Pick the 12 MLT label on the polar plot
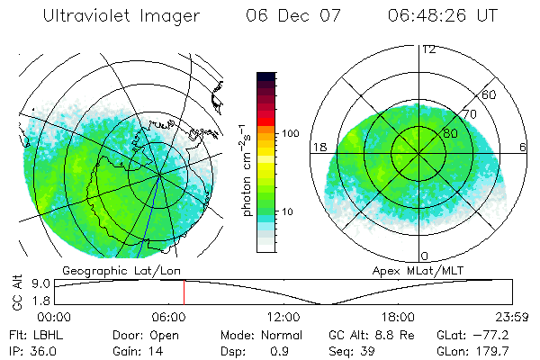click(428, 49)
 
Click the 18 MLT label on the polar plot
click(318, 147)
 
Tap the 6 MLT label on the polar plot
click(523, 147)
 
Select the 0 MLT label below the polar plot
click(425, 256)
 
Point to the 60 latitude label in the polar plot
click(490, 94)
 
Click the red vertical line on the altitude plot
click(184, 292)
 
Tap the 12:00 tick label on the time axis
click(283, 317)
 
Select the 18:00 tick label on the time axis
click(397, 317)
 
